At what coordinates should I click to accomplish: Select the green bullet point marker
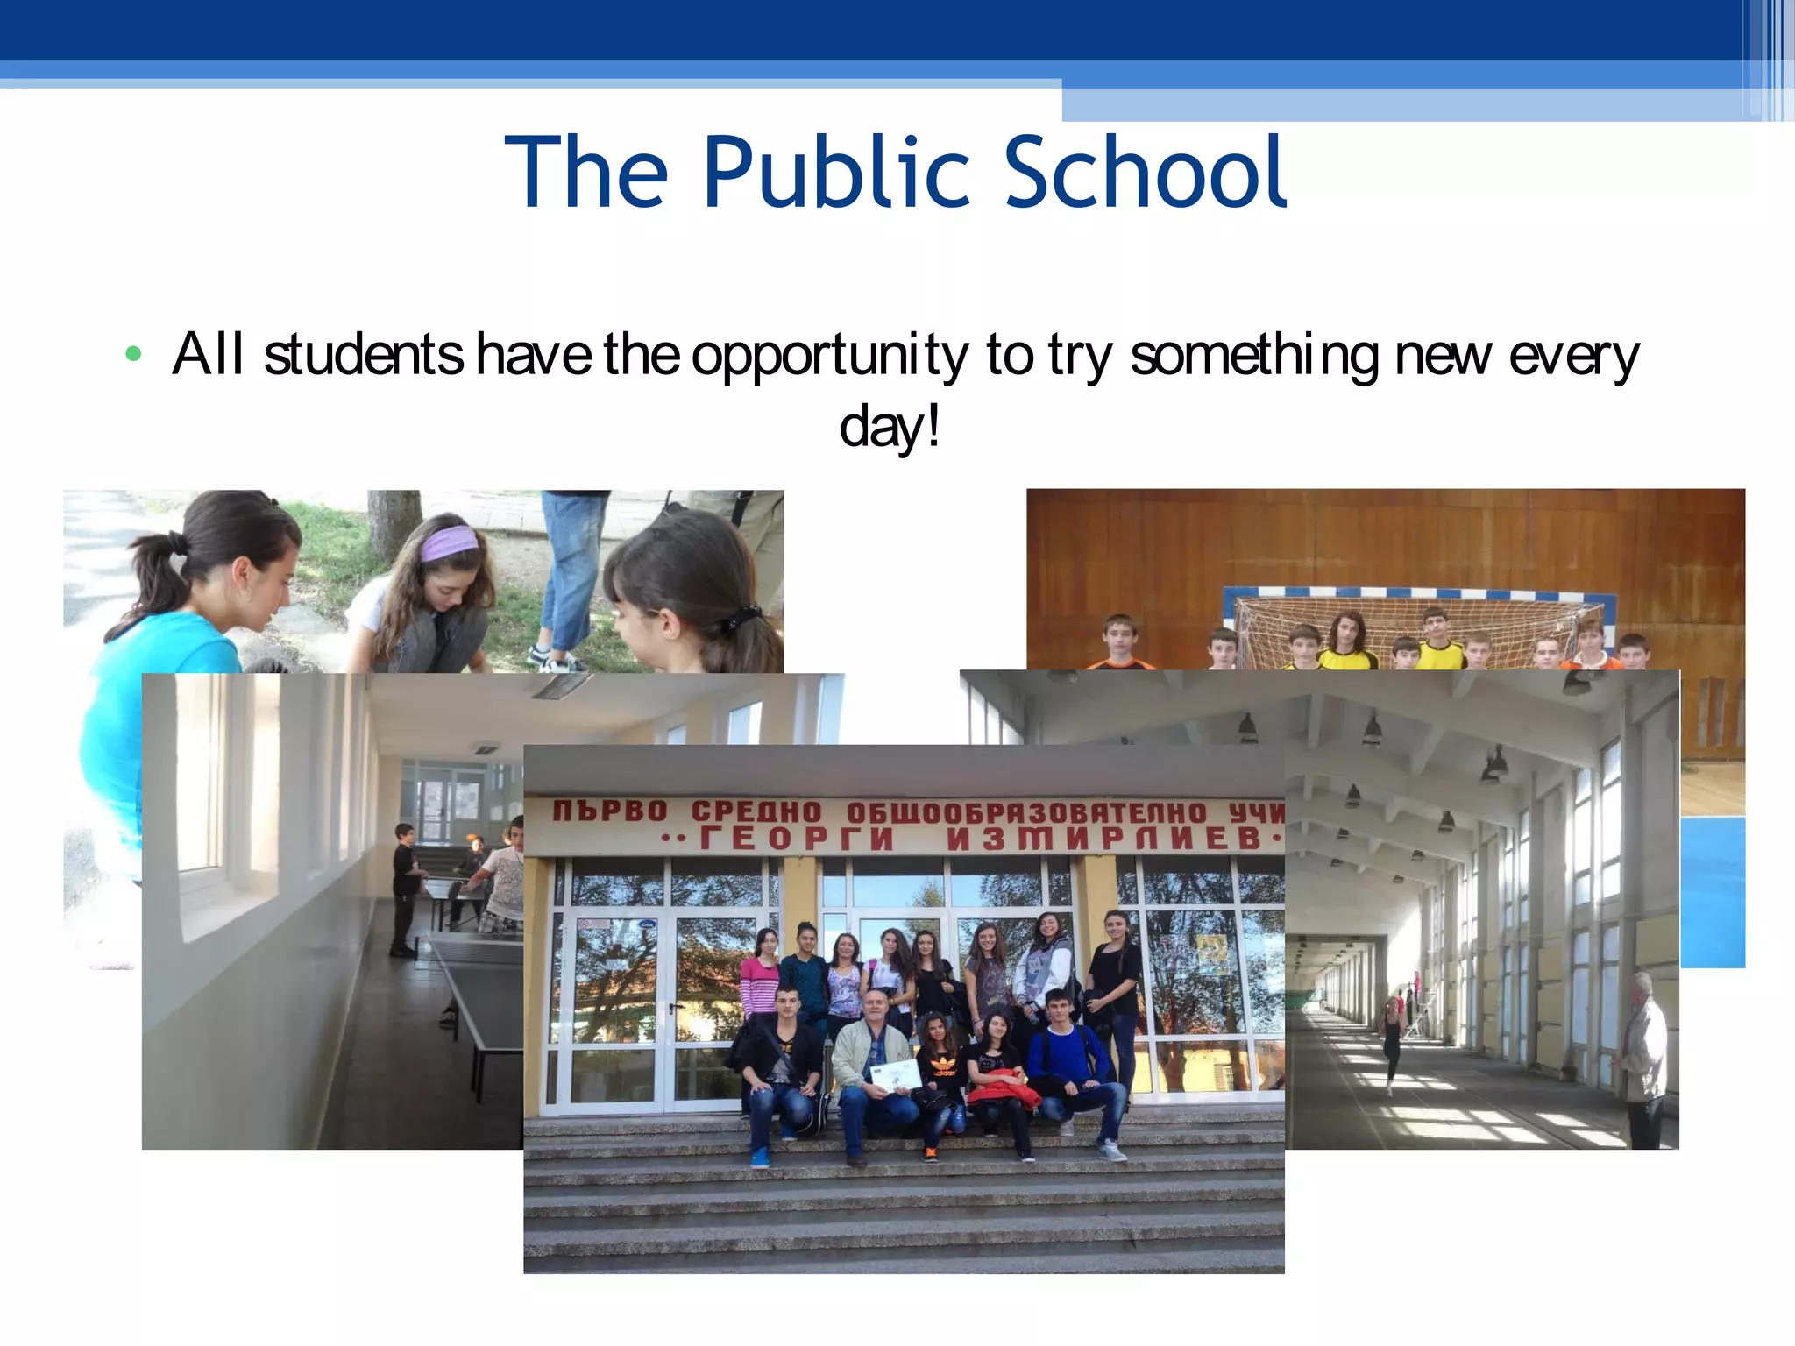click(x=133, y=354)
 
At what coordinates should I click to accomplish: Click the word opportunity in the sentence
click(x=829, y=357)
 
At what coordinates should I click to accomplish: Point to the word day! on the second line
click(x=890, y=427)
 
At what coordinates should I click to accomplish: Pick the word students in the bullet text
click(x=363, y=355)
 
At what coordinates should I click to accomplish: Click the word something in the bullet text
click(x=1254, y=357)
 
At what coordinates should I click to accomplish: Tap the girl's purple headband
click(x=449, y=543)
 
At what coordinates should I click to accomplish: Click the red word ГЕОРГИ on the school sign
click(x=796, y=839)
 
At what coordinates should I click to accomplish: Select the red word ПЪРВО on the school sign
click(x=610, y=811)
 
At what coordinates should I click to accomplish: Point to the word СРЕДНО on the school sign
click(x=756, y=812)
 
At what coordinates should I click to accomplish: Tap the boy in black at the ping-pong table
click(x=405, y=885)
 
